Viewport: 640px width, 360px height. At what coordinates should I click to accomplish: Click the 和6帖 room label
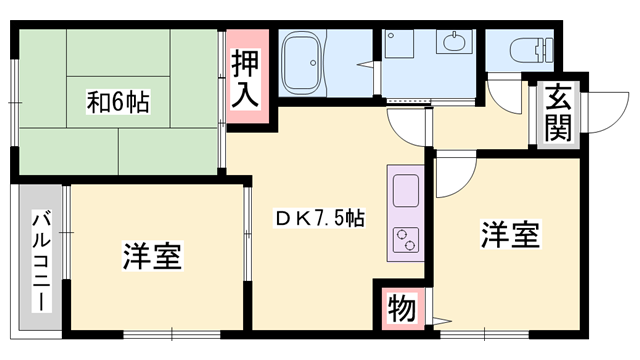click(117, 101)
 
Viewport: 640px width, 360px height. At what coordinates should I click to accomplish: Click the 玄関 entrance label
click(558, 113)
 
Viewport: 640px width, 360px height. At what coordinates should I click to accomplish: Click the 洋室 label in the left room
click(152, 256)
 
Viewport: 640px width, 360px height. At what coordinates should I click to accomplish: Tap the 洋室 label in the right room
click(510, 236)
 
